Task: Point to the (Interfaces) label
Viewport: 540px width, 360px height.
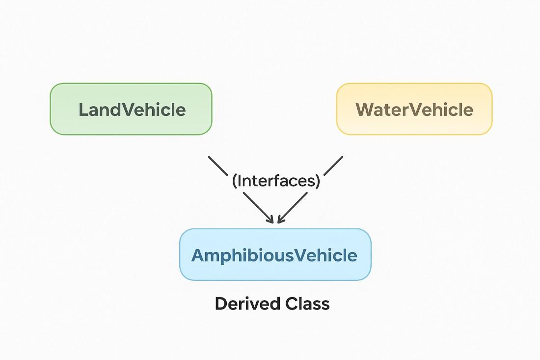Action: [276, 181]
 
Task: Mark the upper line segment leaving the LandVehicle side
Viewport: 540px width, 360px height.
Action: [218, 166]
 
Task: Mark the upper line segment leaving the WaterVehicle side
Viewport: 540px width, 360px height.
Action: [333, 166]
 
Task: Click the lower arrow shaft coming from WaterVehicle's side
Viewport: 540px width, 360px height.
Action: [294, 206]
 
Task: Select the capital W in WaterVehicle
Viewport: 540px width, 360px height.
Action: [364, 110]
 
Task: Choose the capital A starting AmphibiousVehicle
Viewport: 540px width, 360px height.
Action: [197, 255]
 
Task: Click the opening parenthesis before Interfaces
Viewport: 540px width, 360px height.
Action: [235, 181]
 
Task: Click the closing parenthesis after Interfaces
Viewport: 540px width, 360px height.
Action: [317, 181]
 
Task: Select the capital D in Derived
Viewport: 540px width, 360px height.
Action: [221, 304]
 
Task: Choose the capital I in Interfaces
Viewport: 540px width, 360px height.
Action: [240, 181]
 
